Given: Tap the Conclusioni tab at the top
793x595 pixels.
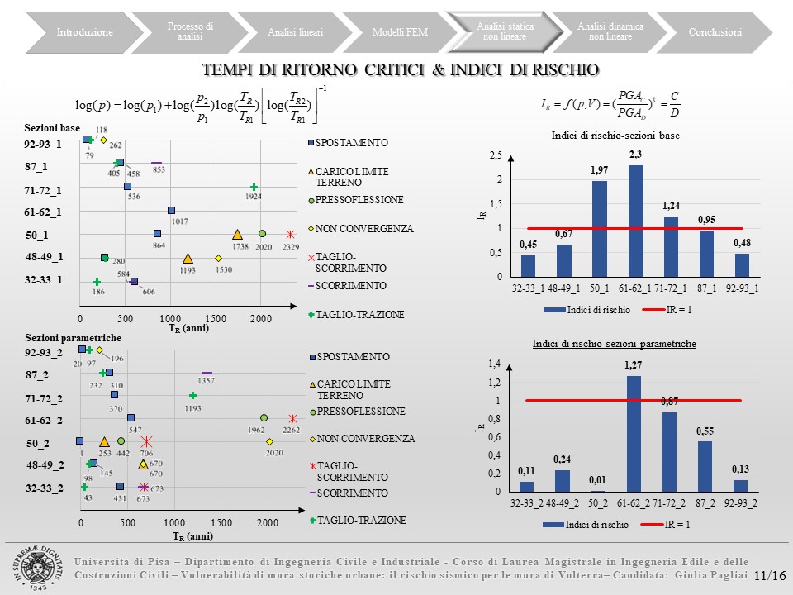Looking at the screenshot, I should pyautogui.click(x=715, y=32).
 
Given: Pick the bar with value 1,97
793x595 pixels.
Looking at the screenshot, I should pyautogui.click(x=600, y=229).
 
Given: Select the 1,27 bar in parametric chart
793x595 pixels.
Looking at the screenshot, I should pyautogui.click(x=635, y=434).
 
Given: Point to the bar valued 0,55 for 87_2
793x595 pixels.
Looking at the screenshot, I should pyautogui.click(x=705, y=466).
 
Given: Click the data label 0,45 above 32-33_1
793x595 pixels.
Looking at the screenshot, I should pyautogui.click(x=527, y=244).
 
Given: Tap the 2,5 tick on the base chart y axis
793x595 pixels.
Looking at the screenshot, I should pyautogui.click(x=496, y=155).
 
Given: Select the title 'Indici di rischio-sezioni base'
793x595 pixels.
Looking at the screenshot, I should pyautogui.click(x=615, y=136).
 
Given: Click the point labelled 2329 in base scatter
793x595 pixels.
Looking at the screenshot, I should pyautogui.click(x=290, y=235).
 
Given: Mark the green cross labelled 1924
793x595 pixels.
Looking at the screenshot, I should pyautogui.click(x=254, y=188).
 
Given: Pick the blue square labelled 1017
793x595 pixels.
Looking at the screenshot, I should pyautogui.click(x=171, y=211).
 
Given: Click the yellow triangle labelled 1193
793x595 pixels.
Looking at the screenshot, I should pyautogui.click(x=188, y=259).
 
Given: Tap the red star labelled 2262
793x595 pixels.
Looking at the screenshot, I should pyautogui.click(x=292, y=419).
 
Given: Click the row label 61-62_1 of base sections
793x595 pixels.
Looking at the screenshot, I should pyautogui.click(x=43, y=212).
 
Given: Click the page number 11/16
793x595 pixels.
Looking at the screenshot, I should pyautogui.click(x=769, y=576).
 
